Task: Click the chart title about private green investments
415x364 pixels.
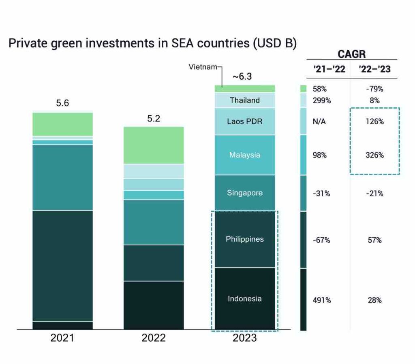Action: pyautogui.click(x=152, y=44)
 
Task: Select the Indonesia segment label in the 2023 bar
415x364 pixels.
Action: pyautogui.click(x=244, y=299)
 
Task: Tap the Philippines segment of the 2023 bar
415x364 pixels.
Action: pyautogui.click(x=244, y=239)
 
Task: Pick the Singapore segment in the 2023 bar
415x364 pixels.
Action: pyautogui.click(x=244, y=193)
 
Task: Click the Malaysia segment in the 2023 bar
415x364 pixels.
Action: pyautogui.click(x=244, y=155)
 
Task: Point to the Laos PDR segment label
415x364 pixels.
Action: pyautogui.click(x=244, y=121)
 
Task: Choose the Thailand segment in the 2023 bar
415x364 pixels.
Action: pyautogui.click(x=244, y=100)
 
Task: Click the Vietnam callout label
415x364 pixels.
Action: pyautogui.click(x=203, y=67)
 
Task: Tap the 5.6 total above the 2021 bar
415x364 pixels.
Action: pyautogui.click(x=62, y=103)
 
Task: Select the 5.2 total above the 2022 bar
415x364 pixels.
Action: pyautogui.click(x=154, y=119)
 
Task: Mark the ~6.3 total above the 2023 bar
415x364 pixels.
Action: pyautogui.click(x=242, y=76)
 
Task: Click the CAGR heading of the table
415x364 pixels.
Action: pyautogui.click(x=351, y=55)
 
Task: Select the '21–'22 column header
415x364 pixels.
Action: pyautogui.click(x=329, y=69)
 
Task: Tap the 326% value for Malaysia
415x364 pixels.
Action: pyautogui.click(x=374, y=155)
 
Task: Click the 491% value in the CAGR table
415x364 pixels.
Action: pyautogui.click(x=322, y=300)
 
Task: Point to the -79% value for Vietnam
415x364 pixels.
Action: pyautogui.click(x=374, y=89)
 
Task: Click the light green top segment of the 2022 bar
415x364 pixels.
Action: pyautogui.click(x=154, y=145)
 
